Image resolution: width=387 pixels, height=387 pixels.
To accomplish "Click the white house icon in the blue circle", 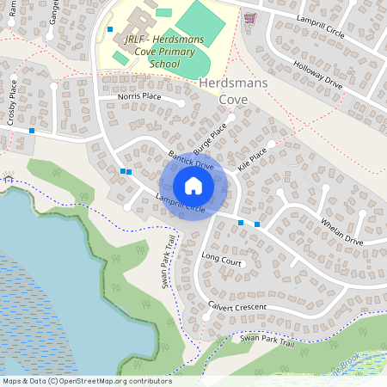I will [x=193, y=186].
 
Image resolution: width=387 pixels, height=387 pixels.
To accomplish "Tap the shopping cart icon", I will [x=249, y=17].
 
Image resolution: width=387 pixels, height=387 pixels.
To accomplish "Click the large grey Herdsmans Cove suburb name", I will [x=234, y=90].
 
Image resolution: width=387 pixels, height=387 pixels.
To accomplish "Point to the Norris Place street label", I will [x=139, y=97].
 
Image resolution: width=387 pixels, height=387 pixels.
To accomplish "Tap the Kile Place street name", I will [x=253, y=160].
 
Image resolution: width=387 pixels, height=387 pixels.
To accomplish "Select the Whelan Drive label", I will [x=341, y=231].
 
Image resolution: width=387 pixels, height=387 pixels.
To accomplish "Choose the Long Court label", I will [x=222, y=257].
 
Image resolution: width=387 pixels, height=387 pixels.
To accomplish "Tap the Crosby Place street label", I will [x=12, y=103].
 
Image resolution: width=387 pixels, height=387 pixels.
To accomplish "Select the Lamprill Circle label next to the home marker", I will [x=180, y=205].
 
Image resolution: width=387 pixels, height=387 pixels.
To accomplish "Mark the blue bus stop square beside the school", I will [x=110, y=29].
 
